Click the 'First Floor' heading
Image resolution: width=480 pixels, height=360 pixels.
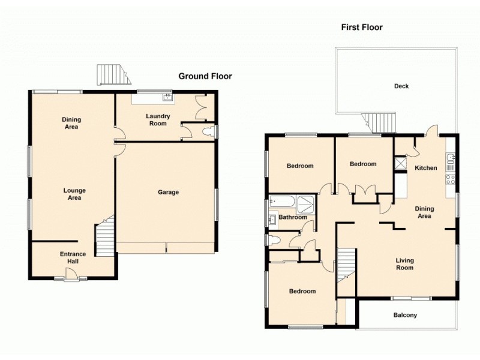coord(362,27)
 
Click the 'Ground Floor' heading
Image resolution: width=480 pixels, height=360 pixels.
coord(205,76)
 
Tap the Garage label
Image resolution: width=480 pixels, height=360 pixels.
coord(168,193)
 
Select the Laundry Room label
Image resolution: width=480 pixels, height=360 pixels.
coord(158,120)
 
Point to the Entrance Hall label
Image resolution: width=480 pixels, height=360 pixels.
coord(73,257)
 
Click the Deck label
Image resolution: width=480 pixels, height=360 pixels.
coord(401,86)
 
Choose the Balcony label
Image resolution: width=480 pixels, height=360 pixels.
coord(405,315)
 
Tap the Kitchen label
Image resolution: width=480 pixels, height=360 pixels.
coord(426,168)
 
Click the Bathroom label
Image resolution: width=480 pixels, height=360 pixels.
coord(293,217)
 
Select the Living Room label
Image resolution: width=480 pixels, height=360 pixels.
coord(404,264)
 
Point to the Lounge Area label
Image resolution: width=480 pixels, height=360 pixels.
coord(73,194)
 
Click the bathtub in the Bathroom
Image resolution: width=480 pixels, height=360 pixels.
coord(283,202)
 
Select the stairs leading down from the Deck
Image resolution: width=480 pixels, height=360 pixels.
coord(382,123)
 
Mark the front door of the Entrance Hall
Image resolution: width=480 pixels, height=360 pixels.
coord(71,275)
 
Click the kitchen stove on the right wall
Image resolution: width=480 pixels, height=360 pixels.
coord(450,179)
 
